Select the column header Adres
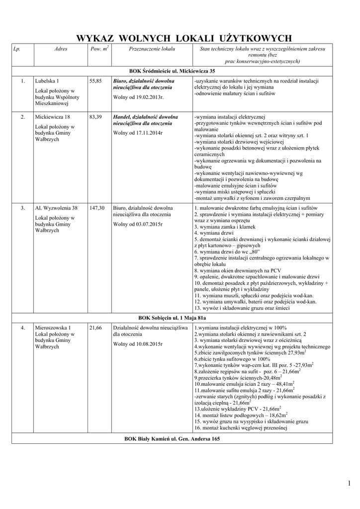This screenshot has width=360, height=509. (61, 49)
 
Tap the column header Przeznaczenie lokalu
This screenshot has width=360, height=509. (152, 49)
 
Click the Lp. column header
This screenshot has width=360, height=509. (17, 49)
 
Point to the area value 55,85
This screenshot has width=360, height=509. (95, 81)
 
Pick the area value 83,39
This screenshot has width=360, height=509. (95, 117)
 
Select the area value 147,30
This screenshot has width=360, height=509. (97, 208)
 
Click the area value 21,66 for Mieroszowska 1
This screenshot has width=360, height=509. (95, 328)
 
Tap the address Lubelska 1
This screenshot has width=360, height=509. (47, 81)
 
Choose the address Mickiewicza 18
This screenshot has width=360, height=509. (52, 117)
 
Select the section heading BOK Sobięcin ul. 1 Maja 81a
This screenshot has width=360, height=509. (172, 317)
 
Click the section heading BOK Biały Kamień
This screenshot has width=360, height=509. (172, 438)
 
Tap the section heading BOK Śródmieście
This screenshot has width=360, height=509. (172, 71)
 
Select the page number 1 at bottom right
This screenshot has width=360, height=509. (350, 483)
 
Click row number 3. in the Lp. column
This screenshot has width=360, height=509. (23, 208)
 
